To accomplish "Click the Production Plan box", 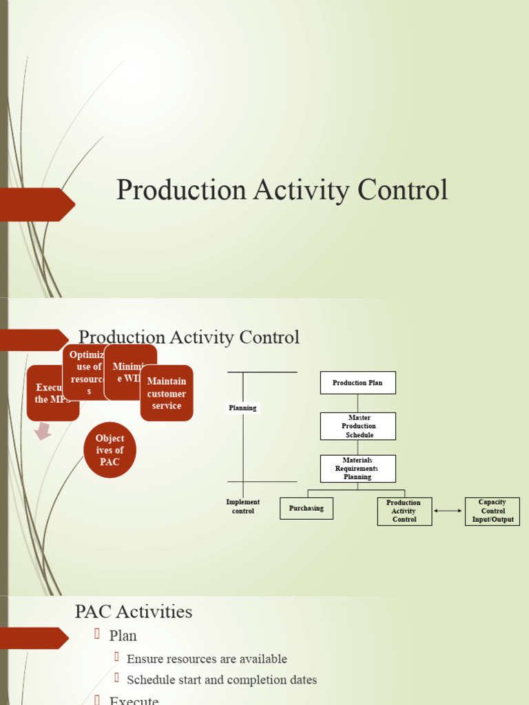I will click(x=357, y=383).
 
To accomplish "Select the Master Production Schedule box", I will click(x=357, y=426).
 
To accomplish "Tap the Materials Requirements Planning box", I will click(x=357, y=468).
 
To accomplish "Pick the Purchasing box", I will click(x=306, y=508).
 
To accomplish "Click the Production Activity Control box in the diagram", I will click(x=404, y=512).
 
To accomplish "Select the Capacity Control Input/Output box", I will click(x=492, y=512).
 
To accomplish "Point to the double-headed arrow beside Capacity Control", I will click(x=448, y=511).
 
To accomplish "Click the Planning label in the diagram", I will click(x=242, y=408).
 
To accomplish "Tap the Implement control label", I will click(x=242, y=507).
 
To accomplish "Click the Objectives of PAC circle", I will click(x=110, y=450).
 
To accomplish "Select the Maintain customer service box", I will click(x=167, y=393).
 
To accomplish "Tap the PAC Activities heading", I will click(x=134, y=611).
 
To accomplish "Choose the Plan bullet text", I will click(x=123, y=635).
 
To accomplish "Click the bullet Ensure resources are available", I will click(x=207, y=659).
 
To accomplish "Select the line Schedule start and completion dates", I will click(x=222, y=680).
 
